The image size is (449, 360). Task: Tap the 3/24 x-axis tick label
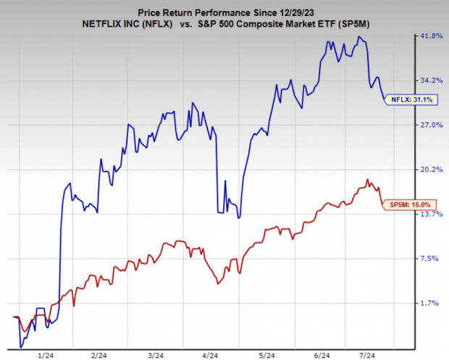[154, 355]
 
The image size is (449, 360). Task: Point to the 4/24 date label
[210, 355]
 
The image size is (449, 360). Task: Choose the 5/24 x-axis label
[266, 355]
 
